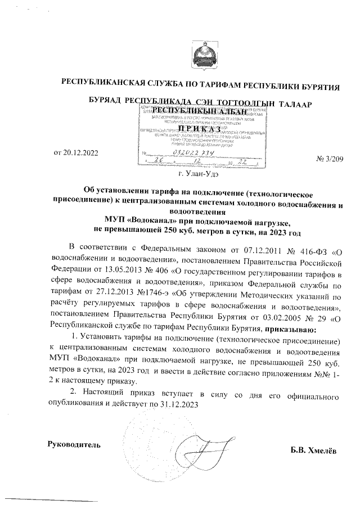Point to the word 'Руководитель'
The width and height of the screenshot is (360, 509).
point(74,444)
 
